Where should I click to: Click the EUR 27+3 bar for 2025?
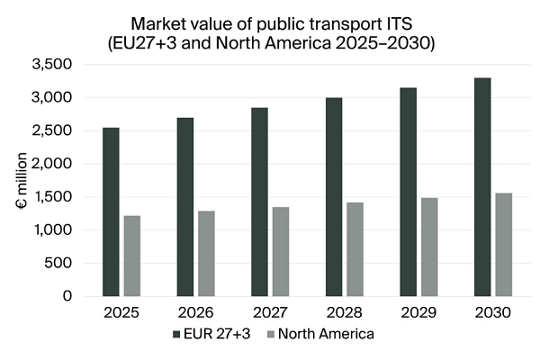[x=111, y=211]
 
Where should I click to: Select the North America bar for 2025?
[x=132, y=256]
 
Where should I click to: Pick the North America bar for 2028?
[x=355, y=248]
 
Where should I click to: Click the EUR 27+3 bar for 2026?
[x=185, y=207]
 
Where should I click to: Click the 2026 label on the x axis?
[x=195, y=313]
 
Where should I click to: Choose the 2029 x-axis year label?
[x=418, y=313]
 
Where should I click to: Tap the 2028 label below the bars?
[x=344, y=313]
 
